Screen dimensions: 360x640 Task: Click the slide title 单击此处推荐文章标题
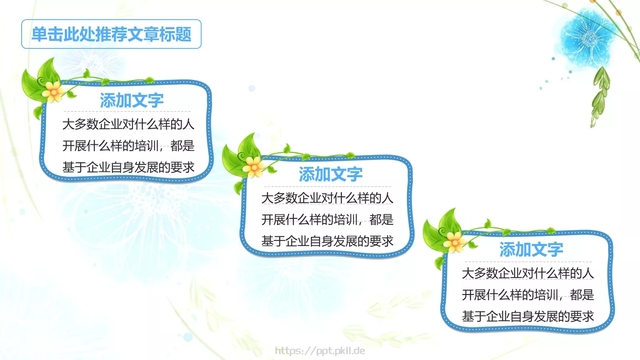pos(111,34)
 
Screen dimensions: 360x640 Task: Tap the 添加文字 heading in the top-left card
pos(132,100)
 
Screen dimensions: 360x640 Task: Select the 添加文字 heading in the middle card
pos(330,174)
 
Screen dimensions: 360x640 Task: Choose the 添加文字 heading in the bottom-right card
pos(531,250)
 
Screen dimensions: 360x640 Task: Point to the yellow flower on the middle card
pos(254,166)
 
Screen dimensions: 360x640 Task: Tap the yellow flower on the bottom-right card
pos(454,242)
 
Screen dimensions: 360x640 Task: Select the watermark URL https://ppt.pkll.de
pos(320,351)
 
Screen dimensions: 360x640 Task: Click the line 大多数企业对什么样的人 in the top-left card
pos(128,124)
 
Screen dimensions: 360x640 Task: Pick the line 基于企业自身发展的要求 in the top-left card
pos(128,167)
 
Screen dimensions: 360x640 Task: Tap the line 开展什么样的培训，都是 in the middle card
pos(327,220)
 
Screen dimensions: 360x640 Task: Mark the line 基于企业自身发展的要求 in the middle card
pos(327,241)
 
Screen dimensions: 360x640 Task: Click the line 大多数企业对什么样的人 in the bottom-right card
pos(528,273)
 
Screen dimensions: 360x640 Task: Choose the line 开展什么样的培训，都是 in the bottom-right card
pos(528,295)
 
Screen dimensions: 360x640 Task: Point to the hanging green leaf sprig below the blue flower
pos(600,96)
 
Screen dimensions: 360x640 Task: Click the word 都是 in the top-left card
pos(182,146)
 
